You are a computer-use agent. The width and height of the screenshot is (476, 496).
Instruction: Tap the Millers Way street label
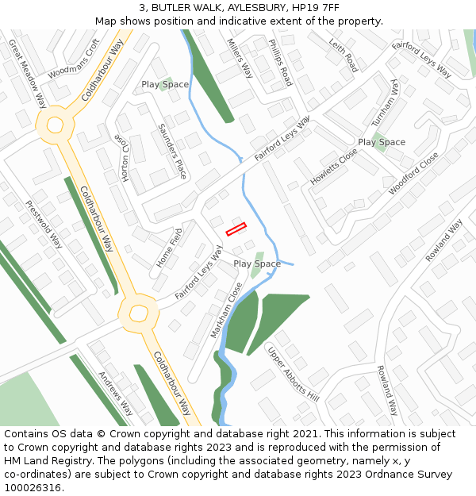click(240, 58)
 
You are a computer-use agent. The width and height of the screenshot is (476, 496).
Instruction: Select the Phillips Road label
click(279, 63)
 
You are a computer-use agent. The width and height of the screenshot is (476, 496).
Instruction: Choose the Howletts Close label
click(333, 167)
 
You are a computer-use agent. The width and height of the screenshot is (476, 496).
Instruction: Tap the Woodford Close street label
click(413, 174)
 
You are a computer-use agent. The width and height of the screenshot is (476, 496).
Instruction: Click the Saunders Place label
click(172, 151)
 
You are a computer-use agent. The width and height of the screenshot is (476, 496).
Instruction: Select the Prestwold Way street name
click(44, 224)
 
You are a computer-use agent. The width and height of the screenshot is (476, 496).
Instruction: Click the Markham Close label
click(225, 310)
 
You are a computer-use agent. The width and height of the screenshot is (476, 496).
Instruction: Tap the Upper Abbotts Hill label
click(292, 374)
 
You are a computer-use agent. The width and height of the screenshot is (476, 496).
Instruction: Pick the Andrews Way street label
click(115, 394)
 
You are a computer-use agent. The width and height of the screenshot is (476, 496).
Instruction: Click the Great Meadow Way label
click(27, 74)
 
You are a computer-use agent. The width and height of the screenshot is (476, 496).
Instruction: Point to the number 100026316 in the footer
click(33, 488)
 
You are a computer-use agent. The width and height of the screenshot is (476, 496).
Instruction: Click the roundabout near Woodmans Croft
click(55, 125)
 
